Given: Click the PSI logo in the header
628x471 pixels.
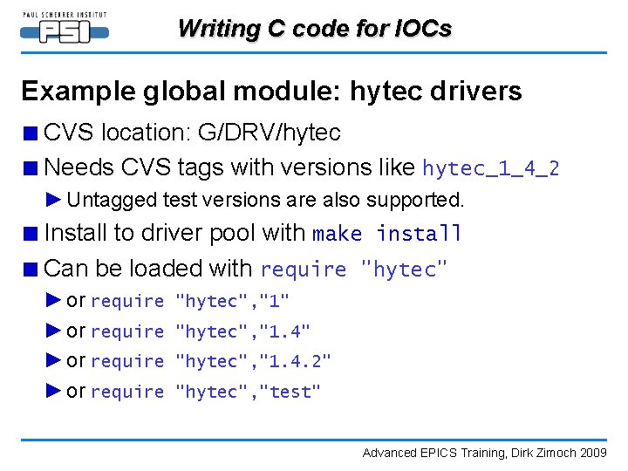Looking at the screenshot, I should pos(65,29).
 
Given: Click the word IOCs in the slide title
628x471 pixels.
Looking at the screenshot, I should pos(421,29).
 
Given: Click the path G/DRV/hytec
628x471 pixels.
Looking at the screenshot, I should pos(269,133).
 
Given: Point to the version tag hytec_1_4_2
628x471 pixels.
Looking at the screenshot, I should pos(490,167).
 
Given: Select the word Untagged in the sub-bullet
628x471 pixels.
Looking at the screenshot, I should pos(113,200).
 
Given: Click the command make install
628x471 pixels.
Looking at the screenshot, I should pos(387,234).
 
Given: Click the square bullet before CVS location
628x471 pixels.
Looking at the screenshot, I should pos(31,133).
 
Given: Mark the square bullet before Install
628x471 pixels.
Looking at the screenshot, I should pos(31,234).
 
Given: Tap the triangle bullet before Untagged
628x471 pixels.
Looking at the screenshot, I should pos(54,200).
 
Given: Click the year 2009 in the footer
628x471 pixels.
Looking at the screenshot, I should pos(594,452).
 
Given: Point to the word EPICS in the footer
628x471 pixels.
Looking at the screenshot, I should pos(430,452).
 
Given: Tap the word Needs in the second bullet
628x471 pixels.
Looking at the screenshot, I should pos(79,167).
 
